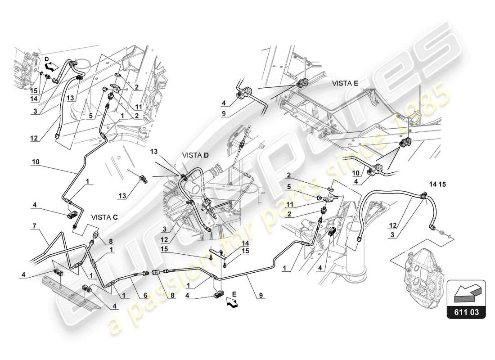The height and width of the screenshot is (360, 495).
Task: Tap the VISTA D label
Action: (195, 155)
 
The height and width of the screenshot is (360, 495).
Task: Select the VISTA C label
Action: (104, 216)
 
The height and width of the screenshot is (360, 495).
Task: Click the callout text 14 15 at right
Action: (436, 184)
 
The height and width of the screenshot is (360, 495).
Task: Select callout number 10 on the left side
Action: (36, 160)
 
